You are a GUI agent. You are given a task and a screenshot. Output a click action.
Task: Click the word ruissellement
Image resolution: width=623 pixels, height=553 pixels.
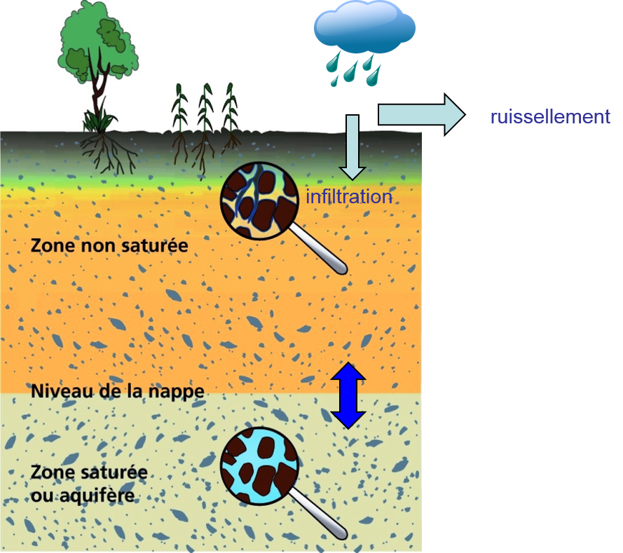[x=550, y=117]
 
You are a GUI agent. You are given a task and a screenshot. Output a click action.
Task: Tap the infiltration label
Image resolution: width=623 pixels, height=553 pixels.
[x=349, y=197]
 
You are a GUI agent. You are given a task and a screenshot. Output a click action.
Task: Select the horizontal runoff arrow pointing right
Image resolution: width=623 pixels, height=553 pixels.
[x=421, y=115]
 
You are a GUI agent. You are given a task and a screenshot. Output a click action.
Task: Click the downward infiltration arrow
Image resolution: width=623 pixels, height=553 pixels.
[x=352, y=147]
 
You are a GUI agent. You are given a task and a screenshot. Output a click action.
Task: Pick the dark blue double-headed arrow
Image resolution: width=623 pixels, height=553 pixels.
[x=348, y=396]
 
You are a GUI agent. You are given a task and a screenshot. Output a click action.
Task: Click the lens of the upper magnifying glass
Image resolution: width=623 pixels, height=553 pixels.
[x=259, y=200]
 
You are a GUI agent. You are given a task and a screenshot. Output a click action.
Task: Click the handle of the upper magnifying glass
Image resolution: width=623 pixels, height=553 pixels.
[x=319, y=250]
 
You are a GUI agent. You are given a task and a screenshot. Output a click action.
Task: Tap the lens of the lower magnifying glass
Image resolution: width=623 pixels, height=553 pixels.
[x=259, y=466]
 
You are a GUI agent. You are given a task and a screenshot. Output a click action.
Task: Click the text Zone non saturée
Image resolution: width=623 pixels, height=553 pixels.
[x=109, y=245]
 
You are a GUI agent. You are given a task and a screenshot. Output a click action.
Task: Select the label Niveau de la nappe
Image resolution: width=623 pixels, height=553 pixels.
[x=118, y=392]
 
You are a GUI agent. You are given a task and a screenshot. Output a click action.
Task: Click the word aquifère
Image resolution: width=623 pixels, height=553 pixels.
[x=97, y=496]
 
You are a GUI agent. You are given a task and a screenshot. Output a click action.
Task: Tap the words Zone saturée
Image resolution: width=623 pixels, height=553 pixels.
[x=89, y=472]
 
